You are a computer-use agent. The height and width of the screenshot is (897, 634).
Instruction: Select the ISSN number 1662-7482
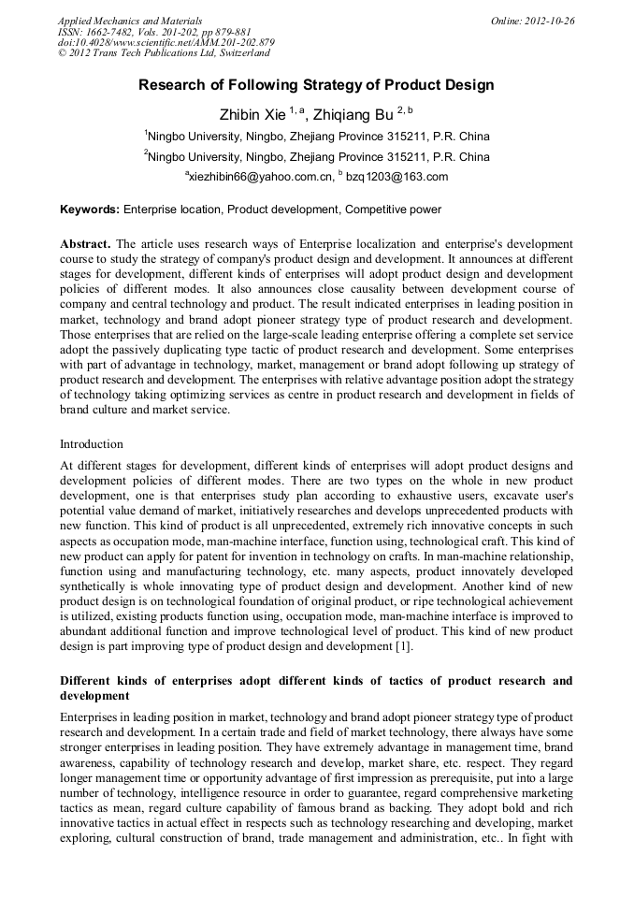(x=111, y=32)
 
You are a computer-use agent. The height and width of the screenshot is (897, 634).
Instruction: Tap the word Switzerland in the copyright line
(x=238, y=54)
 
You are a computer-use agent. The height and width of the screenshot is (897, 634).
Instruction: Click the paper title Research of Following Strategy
(x=316, y=85)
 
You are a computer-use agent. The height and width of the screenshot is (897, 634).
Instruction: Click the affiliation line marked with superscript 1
(x=316, y=137)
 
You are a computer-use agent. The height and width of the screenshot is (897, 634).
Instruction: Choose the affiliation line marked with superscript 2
(x=316, y=157)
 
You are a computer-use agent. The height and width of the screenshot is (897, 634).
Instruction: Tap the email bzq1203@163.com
(x=396, y=177)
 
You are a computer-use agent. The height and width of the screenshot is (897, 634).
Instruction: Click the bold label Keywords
(x=89, y=210)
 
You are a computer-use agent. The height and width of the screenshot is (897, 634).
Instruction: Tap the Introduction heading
(x=92, y=443)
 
